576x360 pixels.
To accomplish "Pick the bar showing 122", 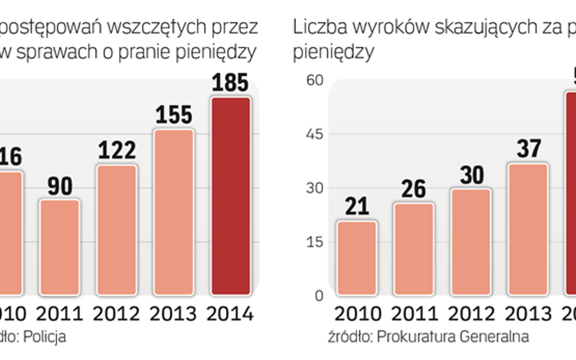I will [x=116, y=228].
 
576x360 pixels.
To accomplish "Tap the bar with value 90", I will [x=60, y=246].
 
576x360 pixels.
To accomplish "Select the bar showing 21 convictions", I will [x=356, y=258].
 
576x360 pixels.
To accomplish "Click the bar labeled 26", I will [x=413, y=249].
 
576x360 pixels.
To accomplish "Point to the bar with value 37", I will [x=527, y=229].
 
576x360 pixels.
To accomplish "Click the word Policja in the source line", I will [x=45, y=336].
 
